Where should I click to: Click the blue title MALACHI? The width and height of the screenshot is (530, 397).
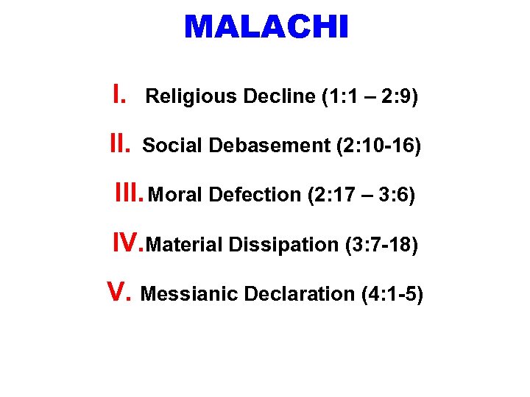click(x=265, y=28)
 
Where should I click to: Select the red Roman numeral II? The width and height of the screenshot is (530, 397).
click(x=120, y=144)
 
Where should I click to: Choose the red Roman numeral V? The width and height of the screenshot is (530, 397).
click(x=119, y=292)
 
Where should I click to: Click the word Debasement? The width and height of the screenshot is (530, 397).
click(x=269, y=146)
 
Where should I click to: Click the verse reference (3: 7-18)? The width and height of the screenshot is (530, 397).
click(x=381, y=245)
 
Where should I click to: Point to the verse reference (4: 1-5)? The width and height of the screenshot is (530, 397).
click(x=392, y=294)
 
